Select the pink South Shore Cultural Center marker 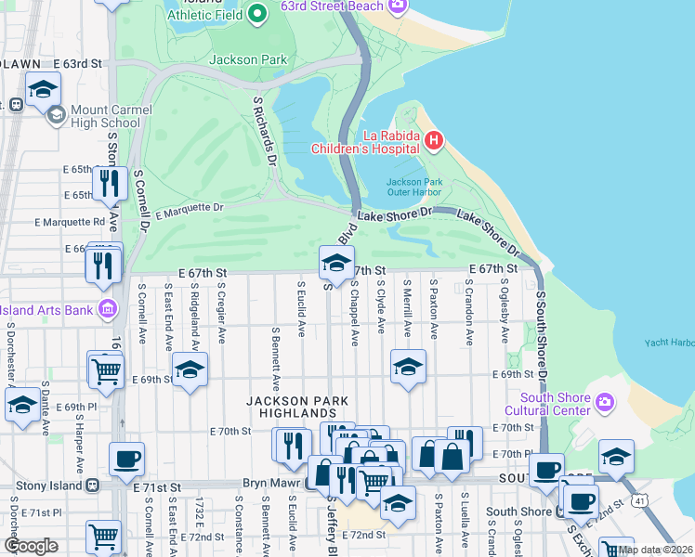[606, 402]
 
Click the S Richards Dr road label [265, 131]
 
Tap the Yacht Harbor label [670, 343]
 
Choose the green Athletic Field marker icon [257, 14]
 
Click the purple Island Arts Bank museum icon [108, 309]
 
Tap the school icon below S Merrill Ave [407, 366]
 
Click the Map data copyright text [655, 550]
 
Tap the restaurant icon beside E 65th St [111, 183]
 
